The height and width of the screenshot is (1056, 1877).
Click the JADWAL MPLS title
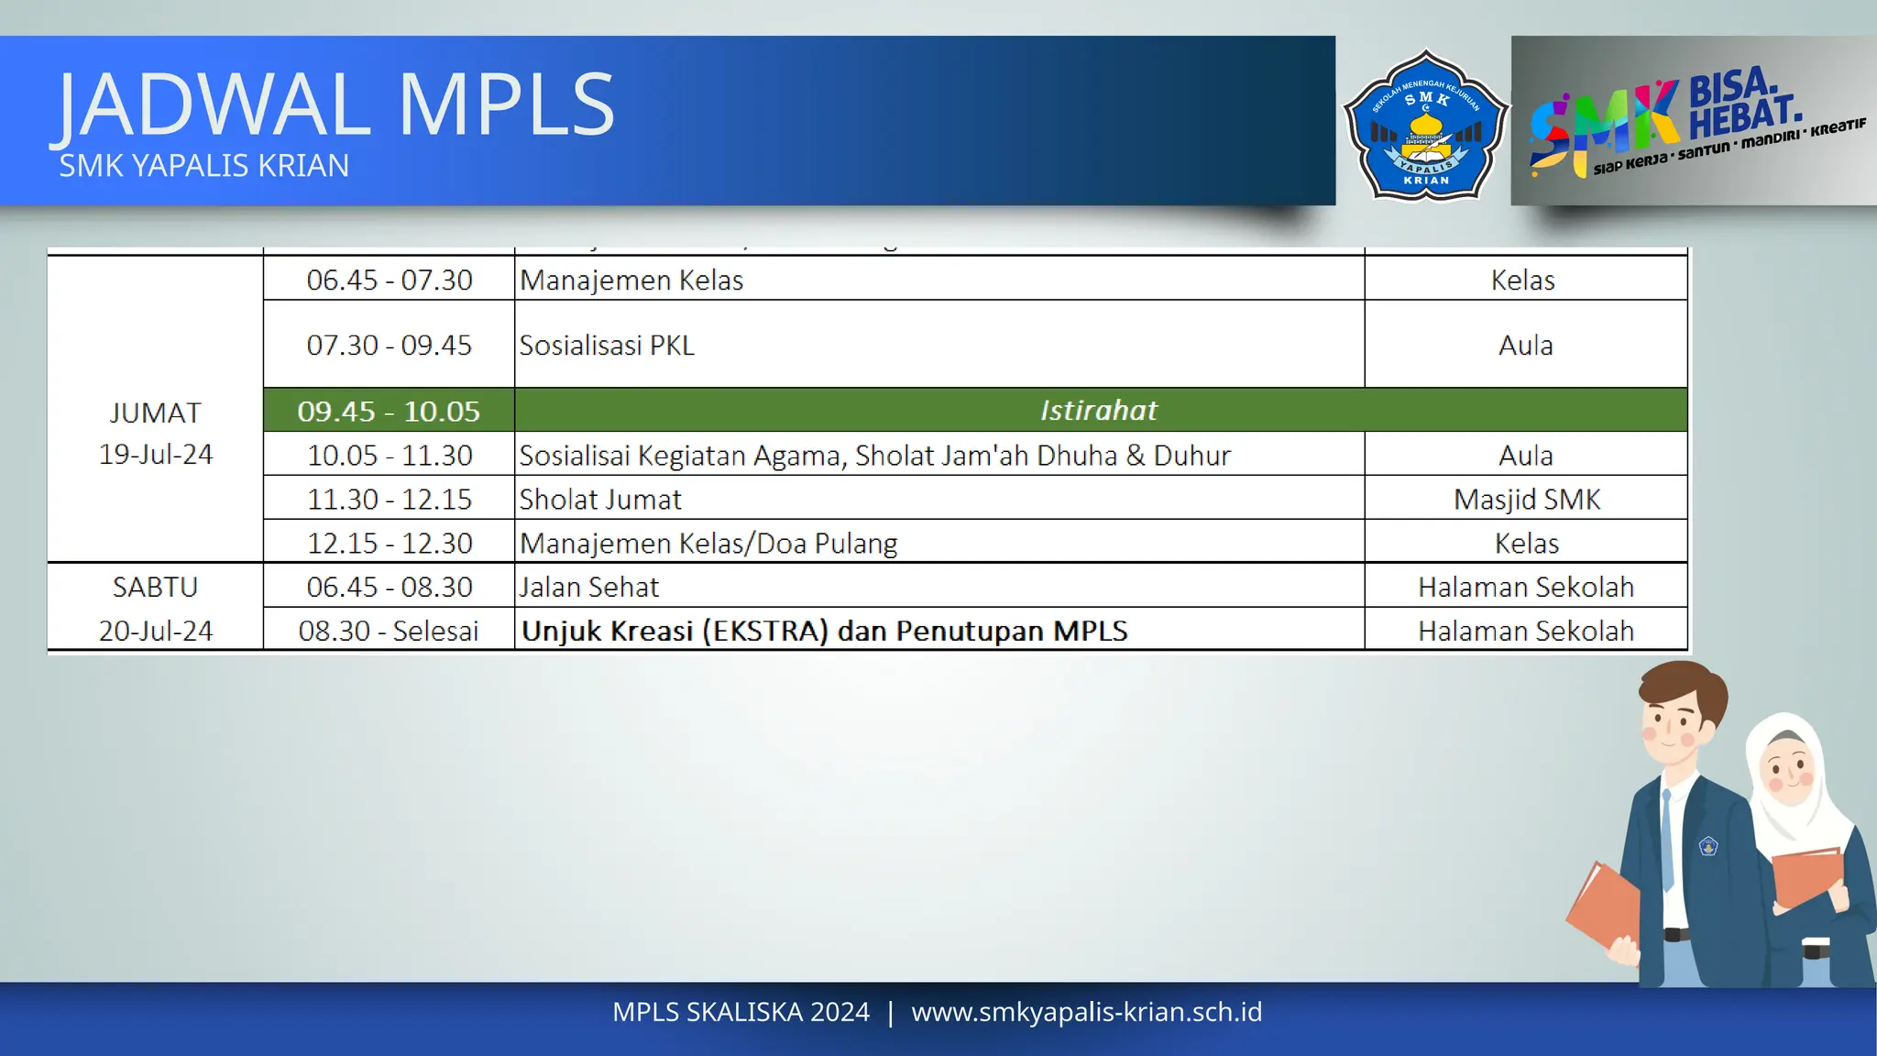coord(335,104)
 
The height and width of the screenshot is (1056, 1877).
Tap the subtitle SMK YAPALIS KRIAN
coord(203,166)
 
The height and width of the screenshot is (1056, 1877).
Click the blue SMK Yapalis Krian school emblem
coord(1426,125)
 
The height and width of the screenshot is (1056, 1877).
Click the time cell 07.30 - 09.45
coord(389,346)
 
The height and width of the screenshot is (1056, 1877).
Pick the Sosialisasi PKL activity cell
coord(607,346)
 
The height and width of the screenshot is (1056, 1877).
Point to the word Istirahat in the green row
coord(1098,411)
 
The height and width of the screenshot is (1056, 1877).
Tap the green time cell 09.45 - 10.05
coord(389,412)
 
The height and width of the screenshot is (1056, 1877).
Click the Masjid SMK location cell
coord(1526,500)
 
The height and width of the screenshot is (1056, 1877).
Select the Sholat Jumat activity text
coord(600,500)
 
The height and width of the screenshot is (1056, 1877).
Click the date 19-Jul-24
coord(156,455)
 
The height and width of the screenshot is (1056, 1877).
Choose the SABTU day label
coord(155,588)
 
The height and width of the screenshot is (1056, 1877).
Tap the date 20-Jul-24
coord(156,632)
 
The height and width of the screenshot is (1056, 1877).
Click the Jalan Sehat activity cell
coord(589,588)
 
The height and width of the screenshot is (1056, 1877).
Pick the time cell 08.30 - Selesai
coord(389,632)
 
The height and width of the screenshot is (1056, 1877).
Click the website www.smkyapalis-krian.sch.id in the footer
coord(1086,1012)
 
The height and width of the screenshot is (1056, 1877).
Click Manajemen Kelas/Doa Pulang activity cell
coord(708,544)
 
